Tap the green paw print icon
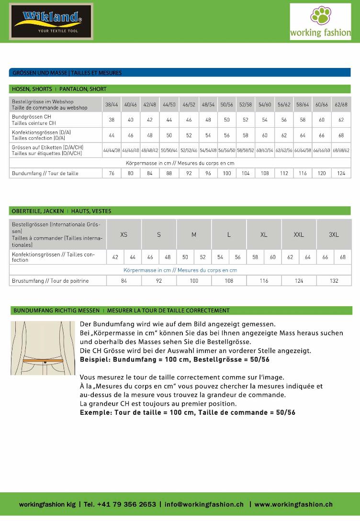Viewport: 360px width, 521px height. coord(320,15)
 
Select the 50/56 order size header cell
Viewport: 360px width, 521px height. coord(226,104)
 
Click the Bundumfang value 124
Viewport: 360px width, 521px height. coord(341,173)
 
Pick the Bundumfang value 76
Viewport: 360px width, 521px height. coord(112,173)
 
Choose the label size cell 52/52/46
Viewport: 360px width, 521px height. coord(189,150)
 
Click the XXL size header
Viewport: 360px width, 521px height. coord(299,234)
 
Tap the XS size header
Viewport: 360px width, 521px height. coord(124,234)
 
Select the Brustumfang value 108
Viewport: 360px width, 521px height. coord(229,281)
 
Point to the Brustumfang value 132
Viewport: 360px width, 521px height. coord(334,281)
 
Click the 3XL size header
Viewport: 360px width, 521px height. coord(334,234)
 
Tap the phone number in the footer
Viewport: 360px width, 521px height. coord(126,504)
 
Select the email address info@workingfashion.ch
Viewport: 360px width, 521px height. coord(204,504)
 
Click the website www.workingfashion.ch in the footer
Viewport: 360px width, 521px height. coord(293,504)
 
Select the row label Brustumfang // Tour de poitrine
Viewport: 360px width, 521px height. coord(45,281)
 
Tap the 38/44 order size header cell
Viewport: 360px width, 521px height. coord(112,104)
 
